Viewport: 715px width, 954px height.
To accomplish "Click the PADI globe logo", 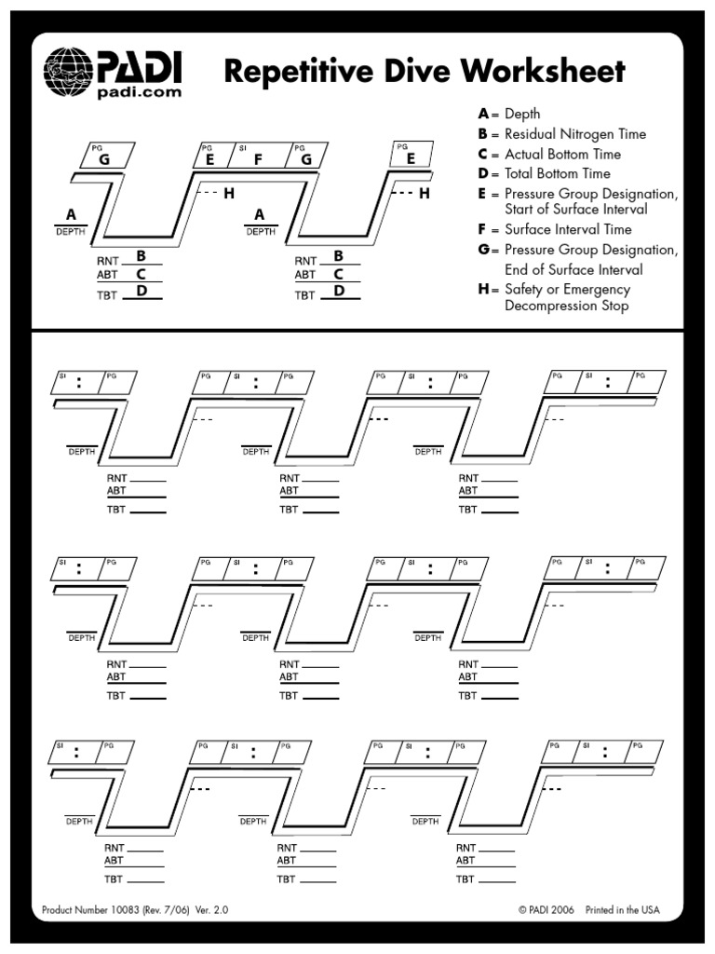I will tap(68, 67).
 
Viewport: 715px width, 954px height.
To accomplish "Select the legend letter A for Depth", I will tap(483, 114).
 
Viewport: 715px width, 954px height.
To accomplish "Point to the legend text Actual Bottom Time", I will tap(562, 154).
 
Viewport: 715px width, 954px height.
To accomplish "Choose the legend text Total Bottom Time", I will tap(558, 173).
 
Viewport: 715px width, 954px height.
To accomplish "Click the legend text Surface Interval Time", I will tap(568, 229).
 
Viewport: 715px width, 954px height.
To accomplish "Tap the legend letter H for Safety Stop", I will tap(483, 289).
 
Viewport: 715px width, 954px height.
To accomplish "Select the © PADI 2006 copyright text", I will tap(546, 910).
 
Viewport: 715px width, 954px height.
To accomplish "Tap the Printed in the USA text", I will tap(623, 910).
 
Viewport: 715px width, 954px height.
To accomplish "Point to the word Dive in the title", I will tap(411, 71).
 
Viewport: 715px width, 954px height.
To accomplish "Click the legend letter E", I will tap(483, 193).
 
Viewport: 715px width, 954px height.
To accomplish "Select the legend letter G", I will tap(483, 250).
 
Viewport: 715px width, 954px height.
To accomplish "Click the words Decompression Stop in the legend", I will tap(566, 306).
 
